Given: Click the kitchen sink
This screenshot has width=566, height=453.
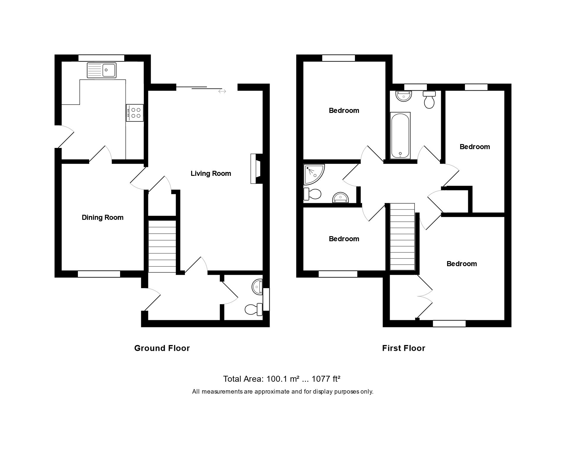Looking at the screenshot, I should tap(101, 70).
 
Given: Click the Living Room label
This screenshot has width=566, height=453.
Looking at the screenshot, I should tap(211, 173).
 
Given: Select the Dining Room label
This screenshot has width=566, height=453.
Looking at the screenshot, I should tap(103, 217).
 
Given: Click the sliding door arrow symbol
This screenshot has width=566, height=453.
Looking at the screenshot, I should tap(222, 91).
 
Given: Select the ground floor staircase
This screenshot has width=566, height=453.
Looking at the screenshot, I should tap(162, 246).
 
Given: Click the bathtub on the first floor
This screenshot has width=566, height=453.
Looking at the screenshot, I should tap(400, 135).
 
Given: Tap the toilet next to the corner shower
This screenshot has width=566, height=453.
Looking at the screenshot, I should tap(312, 194).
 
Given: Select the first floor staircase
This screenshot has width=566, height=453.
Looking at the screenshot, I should tap(402, 237).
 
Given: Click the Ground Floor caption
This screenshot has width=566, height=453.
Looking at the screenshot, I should tap(162, 348).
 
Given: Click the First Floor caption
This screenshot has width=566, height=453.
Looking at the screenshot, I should tap(404, 348).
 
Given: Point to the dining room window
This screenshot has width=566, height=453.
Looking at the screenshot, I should tap(99, 274).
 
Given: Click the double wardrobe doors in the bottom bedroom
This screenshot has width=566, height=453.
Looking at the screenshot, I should tap(425, 296).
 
